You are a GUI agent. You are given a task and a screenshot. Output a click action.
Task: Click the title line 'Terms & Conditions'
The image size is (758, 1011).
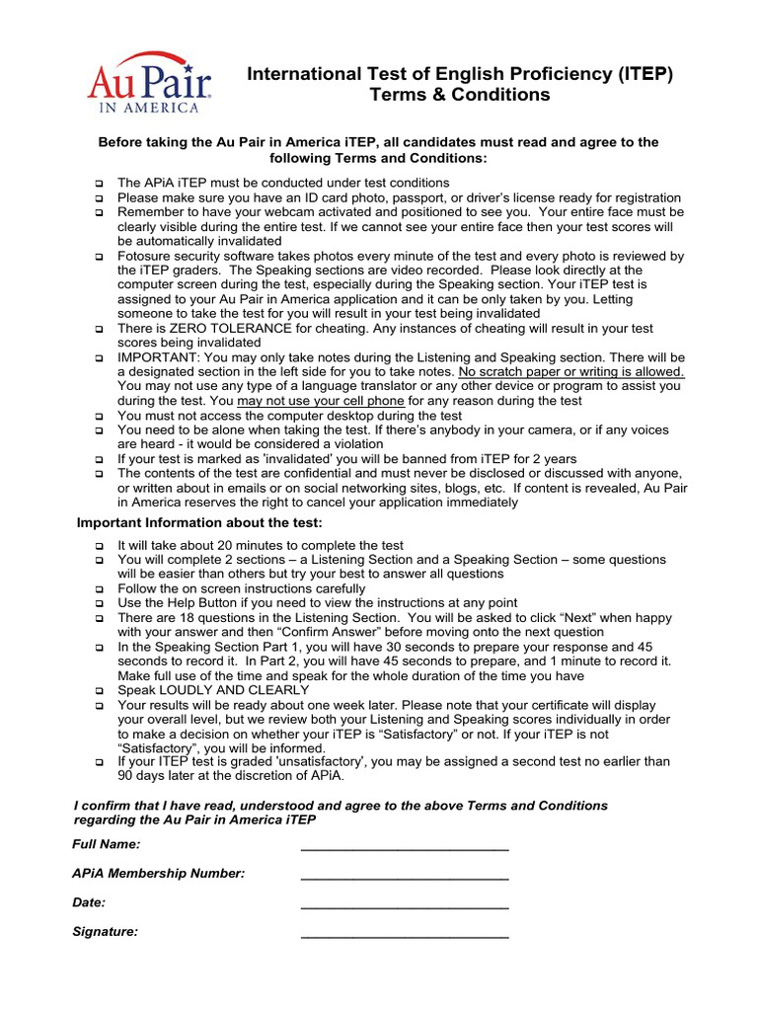coord(459,95)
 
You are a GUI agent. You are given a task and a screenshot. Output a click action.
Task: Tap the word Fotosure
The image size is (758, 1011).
coord(146,256)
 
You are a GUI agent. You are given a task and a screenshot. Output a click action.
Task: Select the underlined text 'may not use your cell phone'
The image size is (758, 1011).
coord(322,401)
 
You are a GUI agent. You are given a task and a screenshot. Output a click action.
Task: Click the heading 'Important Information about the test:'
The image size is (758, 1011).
coord(199,522)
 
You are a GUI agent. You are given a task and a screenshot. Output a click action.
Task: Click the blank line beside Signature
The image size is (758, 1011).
coord(404,933)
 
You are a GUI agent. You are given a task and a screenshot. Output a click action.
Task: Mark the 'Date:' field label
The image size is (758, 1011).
coord(89,902)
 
